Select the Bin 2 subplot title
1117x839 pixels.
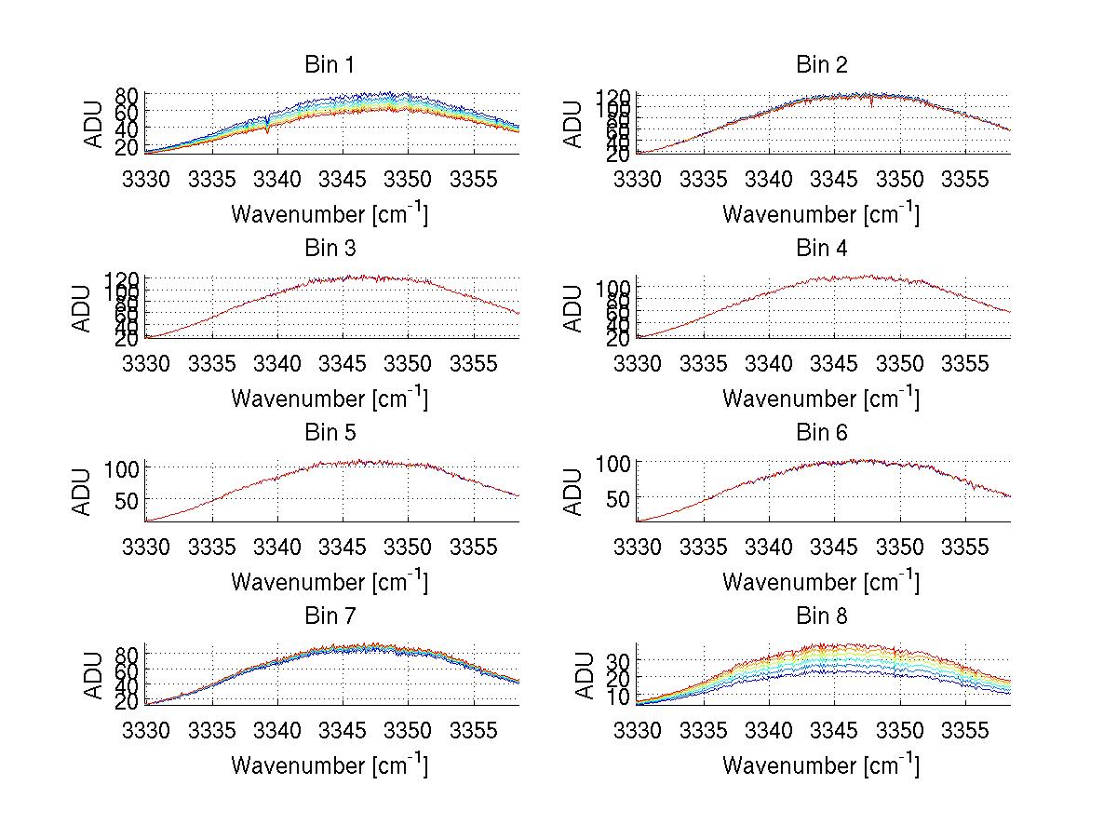821,64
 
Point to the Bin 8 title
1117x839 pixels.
821,616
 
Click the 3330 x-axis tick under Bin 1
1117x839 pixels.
146,179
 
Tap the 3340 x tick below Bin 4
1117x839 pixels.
768,363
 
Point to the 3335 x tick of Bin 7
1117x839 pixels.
212,730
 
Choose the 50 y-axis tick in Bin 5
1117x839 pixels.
128,501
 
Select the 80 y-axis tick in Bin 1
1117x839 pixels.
128,96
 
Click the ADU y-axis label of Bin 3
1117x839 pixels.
82,307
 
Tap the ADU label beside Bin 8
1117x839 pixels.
573,675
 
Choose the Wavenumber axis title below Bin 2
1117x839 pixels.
821,214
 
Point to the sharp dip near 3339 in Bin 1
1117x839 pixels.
268,129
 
